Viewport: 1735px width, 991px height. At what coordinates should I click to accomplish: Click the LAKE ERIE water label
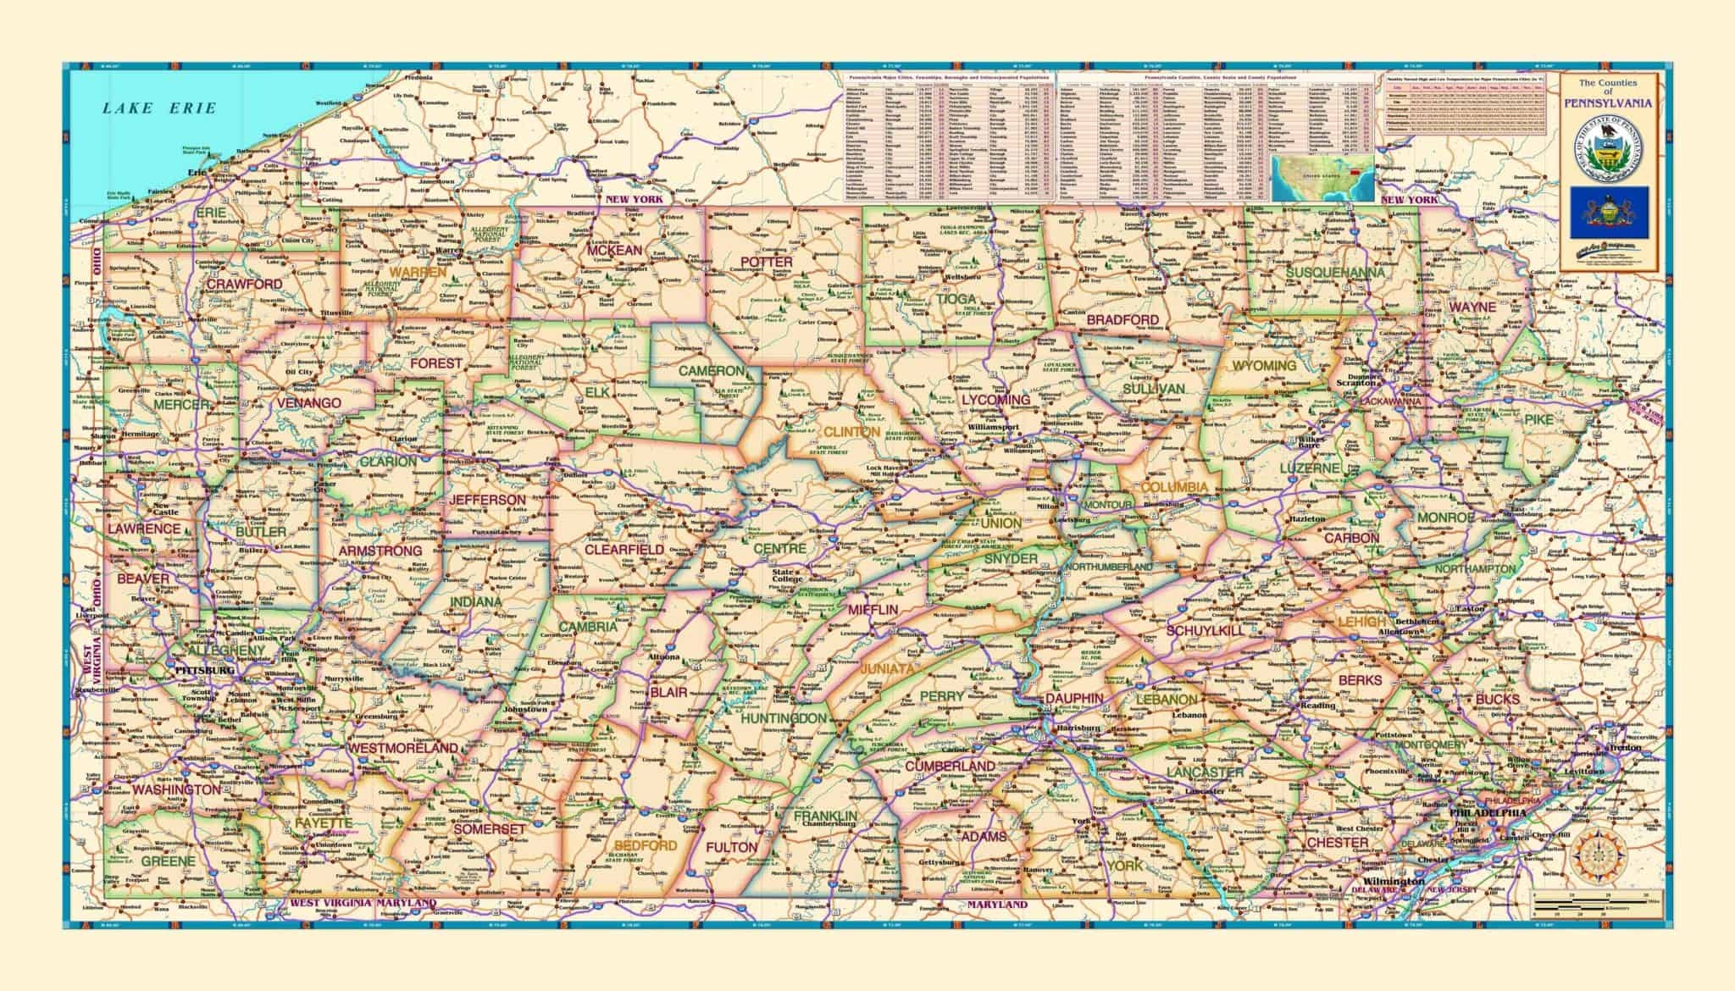[x=158, y=108]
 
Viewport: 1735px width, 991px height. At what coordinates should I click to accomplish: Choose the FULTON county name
[x=731, y=847]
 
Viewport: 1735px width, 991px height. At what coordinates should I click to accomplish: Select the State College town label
[x=785, y=576]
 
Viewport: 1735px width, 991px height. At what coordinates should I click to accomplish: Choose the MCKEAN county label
[x=616, y=250]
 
